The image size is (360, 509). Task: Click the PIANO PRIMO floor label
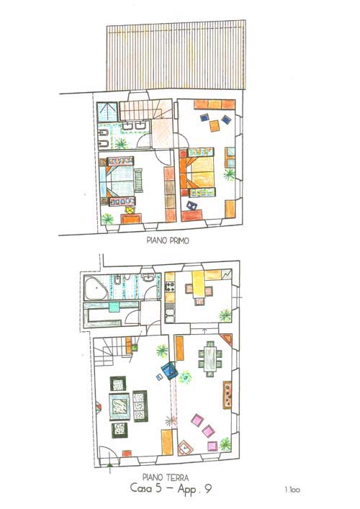pyautogui.click(x=168, y=240)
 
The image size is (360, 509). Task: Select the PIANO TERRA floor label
pyautogui.click(x=165, y=477)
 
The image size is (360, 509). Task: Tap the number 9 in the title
pyautogui.click(x=208, y=489)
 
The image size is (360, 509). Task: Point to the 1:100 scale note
pyautogui.click(x=292, y=490)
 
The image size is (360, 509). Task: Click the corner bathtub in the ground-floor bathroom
pyautogui.click(x=95, y=288)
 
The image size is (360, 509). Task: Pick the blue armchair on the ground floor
pyautogui.click(x=169, y=371)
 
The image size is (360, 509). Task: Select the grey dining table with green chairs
pyautogui.click(x=210, y=359)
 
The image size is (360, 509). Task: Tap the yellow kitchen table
pyautogui.click(x=198, y=284)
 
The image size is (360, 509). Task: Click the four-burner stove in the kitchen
pyautogui.click(x=170, y=287)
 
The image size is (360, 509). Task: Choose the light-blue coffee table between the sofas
pyautogui.click(x=120, y=407)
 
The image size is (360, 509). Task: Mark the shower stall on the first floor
pyautogui.click(x=107, y=112)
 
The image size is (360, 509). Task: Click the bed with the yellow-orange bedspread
pyautogui.click(x=198, y=172)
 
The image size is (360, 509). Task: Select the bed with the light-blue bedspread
pyautogui.click(x=117, y=181)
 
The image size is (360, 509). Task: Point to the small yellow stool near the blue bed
pyautogui.click(x=130, y=210)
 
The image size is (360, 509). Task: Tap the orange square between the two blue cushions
pyautogui.click(x=215, y=126)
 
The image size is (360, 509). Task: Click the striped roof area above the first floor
pyautogui.click(x=176, y=55)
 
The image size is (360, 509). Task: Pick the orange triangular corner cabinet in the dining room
pyautogui.click(x=227, y=339)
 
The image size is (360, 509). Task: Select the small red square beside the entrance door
pyautogui.click(x=127, y=454)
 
